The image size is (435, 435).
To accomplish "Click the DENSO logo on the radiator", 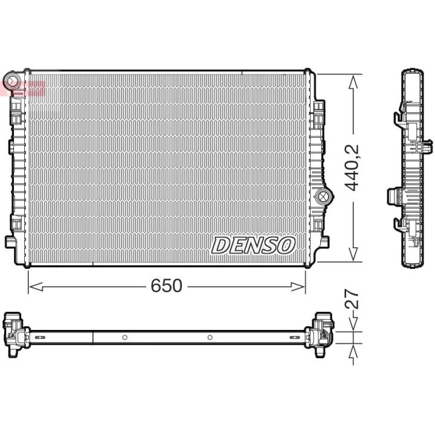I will [x=253, y=245].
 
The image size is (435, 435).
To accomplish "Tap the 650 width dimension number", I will [x=166, y=286].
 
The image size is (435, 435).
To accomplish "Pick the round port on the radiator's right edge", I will [x=323, y=195].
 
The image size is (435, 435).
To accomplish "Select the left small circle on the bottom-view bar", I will [x=123, y=337].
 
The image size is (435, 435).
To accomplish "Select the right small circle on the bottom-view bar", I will [x=210, y=337].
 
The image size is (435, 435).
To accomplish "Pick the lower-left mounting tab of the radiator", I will [x=10, y=241].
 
